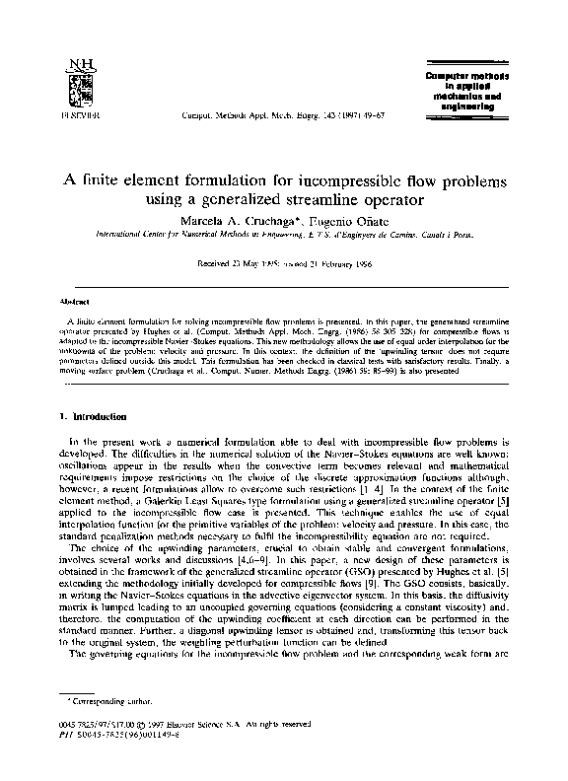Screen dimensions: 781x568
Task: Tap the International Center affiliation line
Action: tap(284, 237)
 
